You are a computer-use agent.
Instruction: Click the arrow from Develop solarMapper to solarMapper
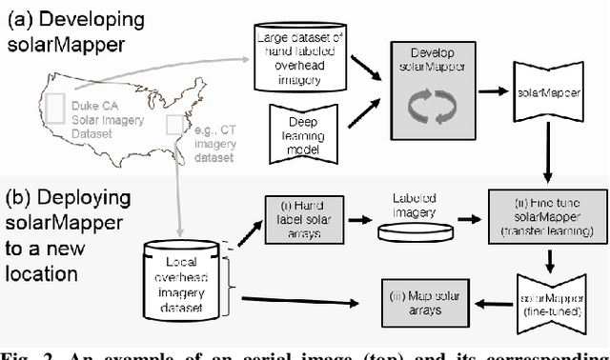coord(494,91)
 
